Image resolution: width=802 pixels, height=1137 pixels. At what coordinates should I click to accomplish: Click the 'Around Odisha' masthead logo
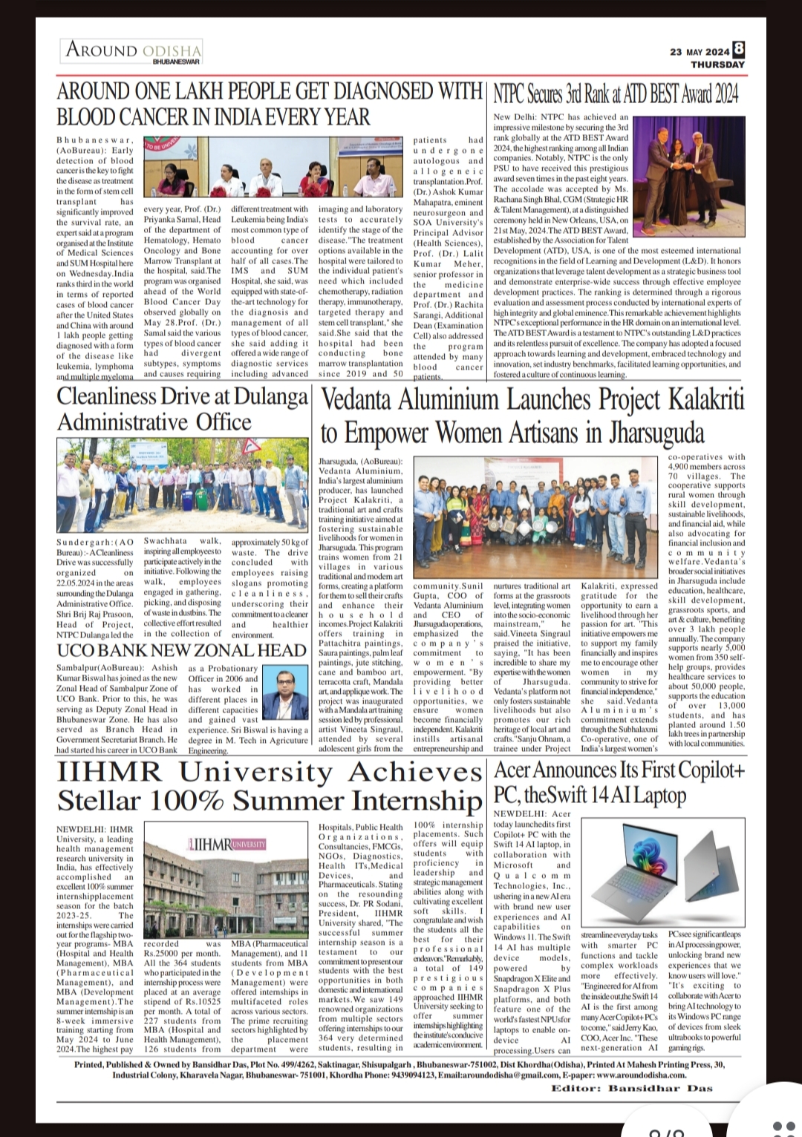(133, 50)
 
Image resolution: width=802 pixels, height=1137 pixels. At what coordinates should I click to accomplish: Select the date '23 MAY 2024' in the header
(700, 52)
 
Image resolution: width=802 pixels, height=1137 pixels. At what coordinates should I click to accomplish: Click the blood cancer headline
(270, 105)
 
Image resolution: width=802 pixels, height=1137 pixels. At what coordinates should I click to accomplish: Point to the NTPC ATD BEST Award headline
(616, 95)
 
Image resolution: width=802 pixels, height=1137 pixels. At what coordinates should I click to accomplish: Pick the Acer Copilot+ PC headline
(619, 782)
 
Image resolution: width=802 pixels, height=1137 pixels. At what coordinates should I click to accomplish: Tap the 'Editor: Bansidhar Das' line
(631, 1088)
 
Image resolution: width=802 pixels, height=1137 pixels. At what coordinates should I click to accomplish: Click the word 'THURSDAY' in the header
(717, 65)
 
